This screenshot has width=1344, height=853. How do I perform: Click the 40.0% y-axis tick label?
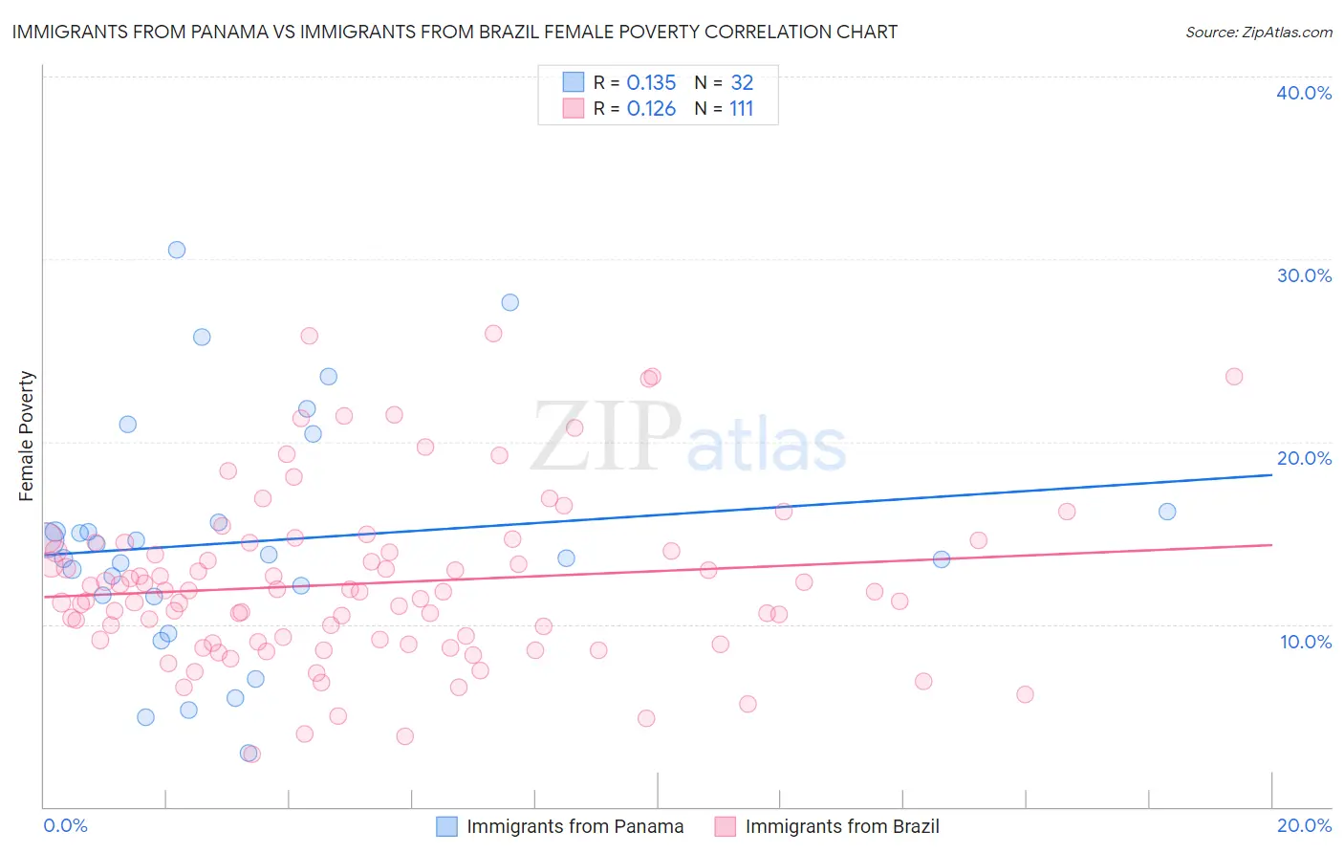1303,93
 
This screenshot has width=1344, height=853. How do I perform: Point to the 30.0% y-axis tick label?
1303,275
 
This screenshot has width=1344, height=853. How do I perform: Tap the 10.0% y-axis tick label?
1305,642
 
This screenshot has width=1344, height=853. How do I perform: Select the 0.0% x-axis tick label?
65,825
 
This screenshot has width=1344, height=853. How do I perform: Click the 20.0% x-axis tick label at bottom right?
1304,825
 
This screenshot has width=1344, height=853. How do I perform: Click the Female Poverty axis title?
26,436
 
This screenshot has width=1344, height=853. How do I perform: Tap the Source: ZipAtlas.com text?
1258,32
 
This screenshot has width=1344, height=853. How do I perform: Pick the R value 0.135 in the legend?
651,83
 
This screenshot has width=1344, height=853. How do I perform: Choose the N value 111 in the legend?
741,109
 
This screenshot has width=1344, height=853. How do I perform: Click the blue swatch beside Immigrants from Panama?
446,826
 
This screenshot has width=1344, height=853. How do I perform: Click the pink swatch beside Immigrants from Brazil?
725,826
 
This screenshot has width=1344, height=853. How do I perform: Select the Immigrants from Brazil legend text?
841,826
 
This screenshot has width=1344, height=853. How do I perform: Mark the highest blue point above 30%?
177,250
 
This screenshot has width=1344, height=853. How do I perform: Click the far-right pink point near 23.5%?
1234,377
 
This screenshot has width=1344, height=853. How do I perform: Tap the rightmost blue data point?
1167,512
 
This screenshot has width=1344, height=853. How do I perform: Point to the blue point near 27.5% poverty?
510,302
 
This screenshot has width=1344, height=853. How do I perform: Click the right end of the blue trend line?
1271,474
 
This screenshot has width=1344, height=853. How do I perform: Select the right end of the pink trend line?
1271,544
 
